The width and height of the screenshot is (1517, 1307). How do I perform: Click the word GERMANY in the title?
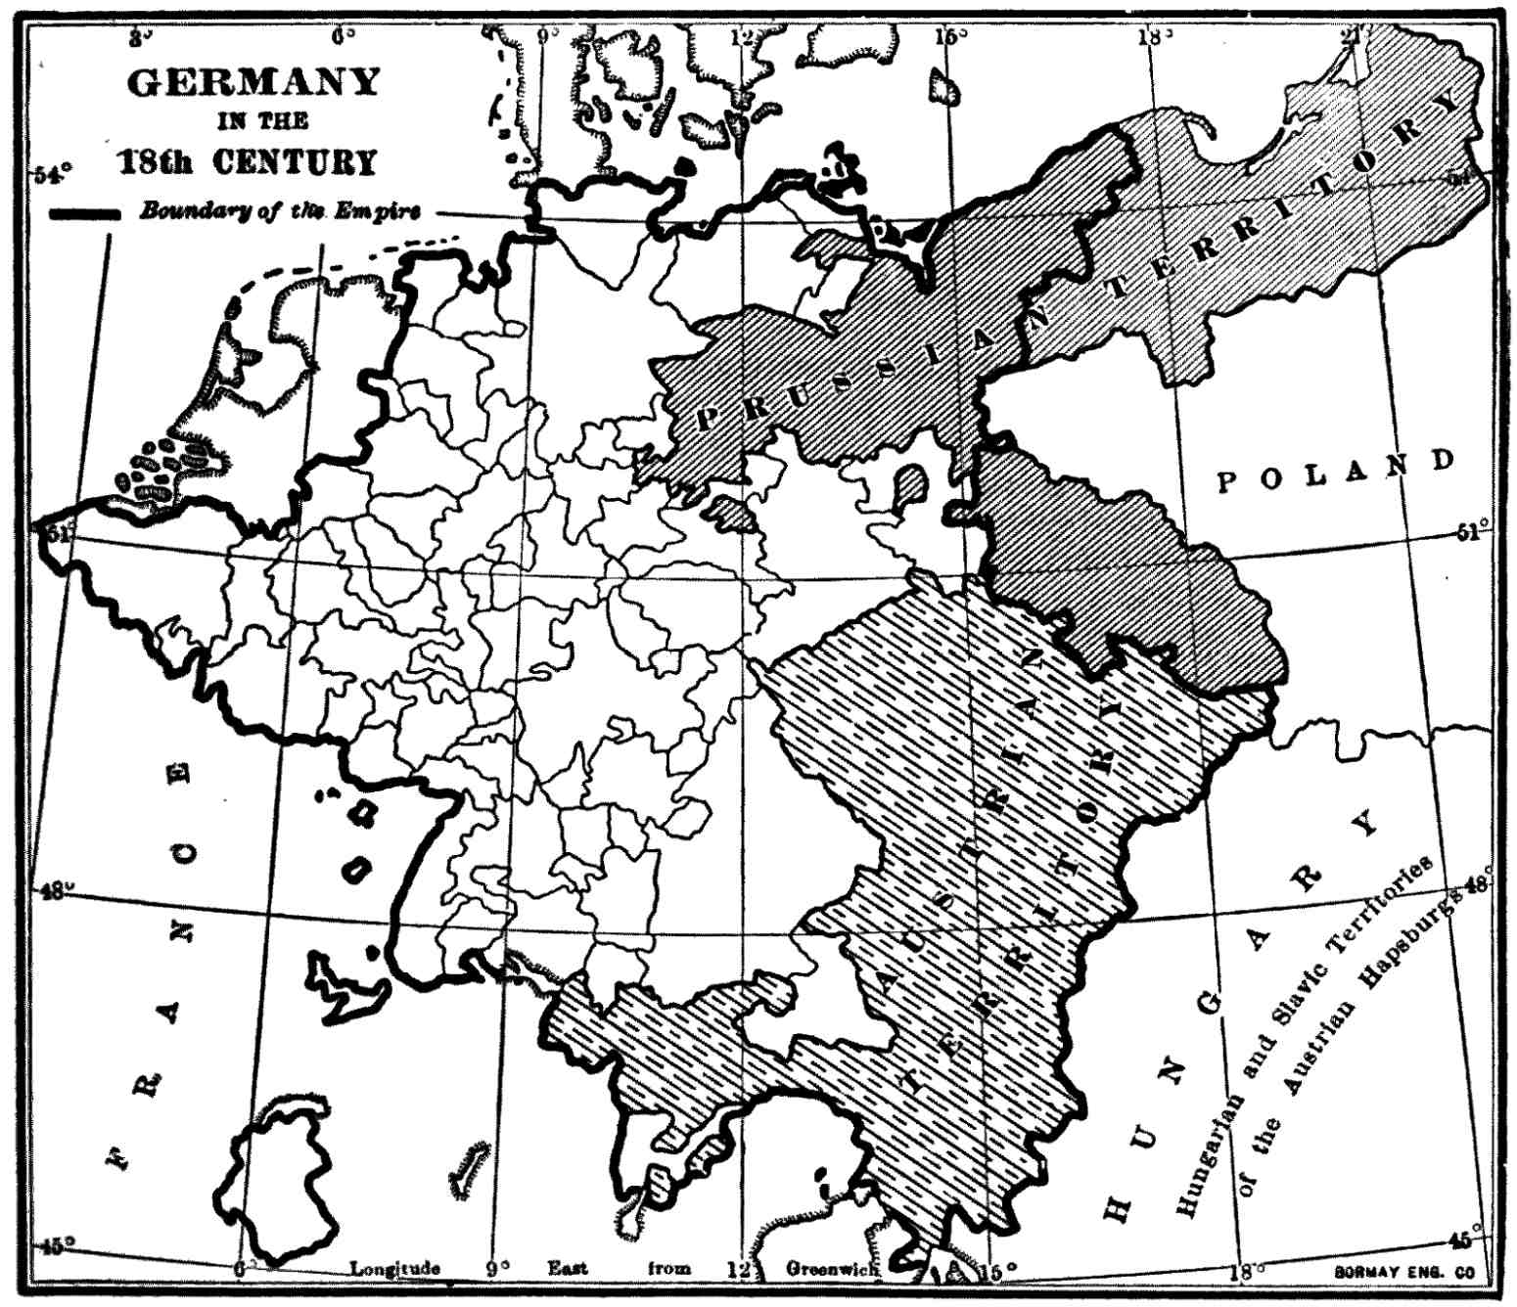(253, 82)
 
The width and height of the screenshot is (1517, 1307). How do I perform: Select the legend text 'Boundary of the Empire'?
(280, 212)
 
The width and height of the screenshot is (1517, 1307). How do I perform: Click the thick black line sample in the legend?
(85, 214)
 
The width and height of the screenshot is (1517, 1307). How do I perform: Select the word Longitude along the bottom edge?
(395, 1269)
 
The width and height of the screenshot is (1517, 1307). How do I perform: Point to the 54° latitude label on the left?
(54, 175)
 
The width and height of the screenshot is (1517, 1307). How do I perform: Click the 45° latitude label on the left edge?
(54, 1245)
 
